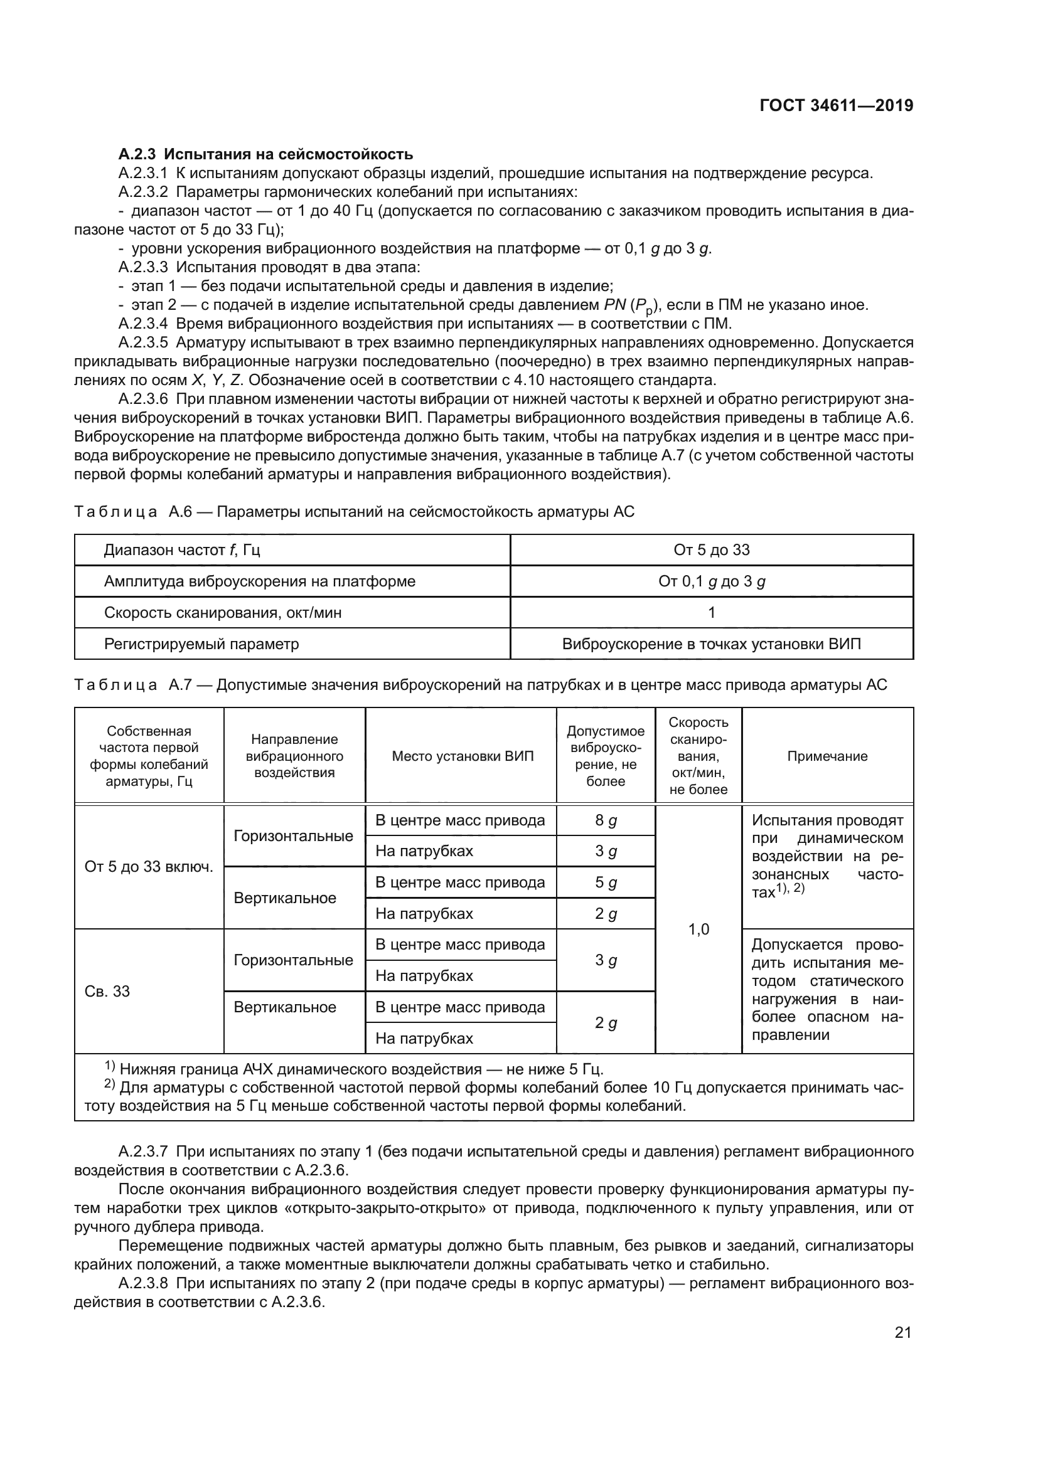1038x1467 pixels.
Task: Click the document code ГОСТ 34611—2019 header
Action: pos(836,106)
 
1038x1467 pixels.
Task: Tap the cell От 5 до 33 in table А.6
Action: pos(711,550)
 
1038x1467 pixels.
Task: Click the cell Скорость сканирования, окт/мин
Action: pos(222,613)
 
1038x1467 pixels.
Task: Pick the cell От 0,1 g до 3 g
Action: pos(711,581)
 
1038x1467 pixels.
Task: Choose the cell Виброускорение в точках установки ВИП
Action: pos(711,644)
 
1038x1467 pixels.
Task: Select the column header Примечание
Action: pos(827,756)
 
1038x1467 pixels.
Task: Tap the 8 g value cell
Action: pos(605,820)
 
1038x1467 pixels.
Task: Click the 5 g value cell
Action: pos(605,882)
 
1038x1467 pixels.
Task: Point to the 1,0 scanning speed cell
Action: pos(698,929)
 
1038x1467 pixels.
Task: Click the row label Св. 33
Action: pos(107,991)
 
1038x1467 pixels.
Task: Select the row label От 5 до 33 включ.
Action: pos(149,867)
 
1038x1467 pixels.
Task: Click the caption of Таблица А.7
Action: pos(480,685)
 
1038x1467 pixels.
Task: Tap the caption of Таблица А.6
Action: pos(354,512)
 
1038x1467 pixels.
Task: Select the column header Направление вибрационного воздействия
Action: pos(294,756)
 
